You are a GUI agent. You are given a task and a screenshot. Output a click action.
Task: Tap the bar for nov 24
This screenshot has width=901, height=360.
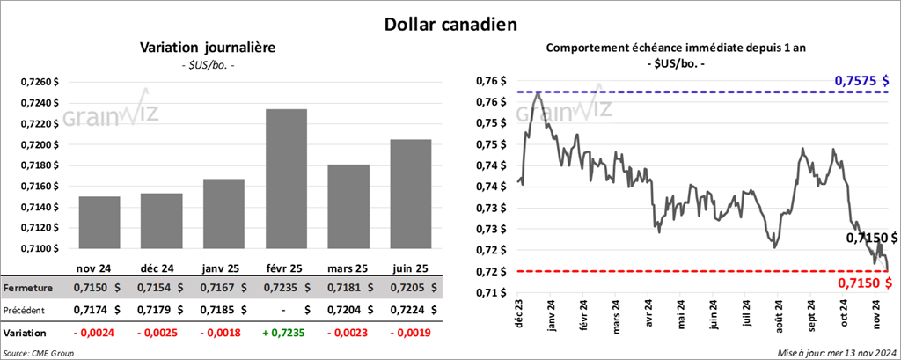pos(99,222)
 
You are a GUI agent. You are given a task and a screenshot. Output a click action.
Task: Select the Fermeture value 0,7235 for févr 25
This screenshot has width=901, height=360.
pos(257,287)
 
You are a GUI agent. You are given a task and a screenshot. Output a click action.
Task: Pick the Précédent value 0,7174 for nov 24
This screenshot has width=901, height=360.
pos(93,310)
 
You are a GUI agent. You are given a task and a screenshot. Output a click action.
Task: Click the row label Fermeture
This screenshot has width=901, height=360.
pos(27,287)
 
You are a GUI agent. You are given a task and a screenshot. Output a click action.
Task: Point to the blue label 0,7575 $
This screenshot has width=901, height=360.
pos(864,81)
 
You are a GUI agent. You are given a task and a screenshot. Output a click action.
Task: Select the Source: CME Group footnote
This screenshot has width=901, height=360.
pos(39,352)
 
